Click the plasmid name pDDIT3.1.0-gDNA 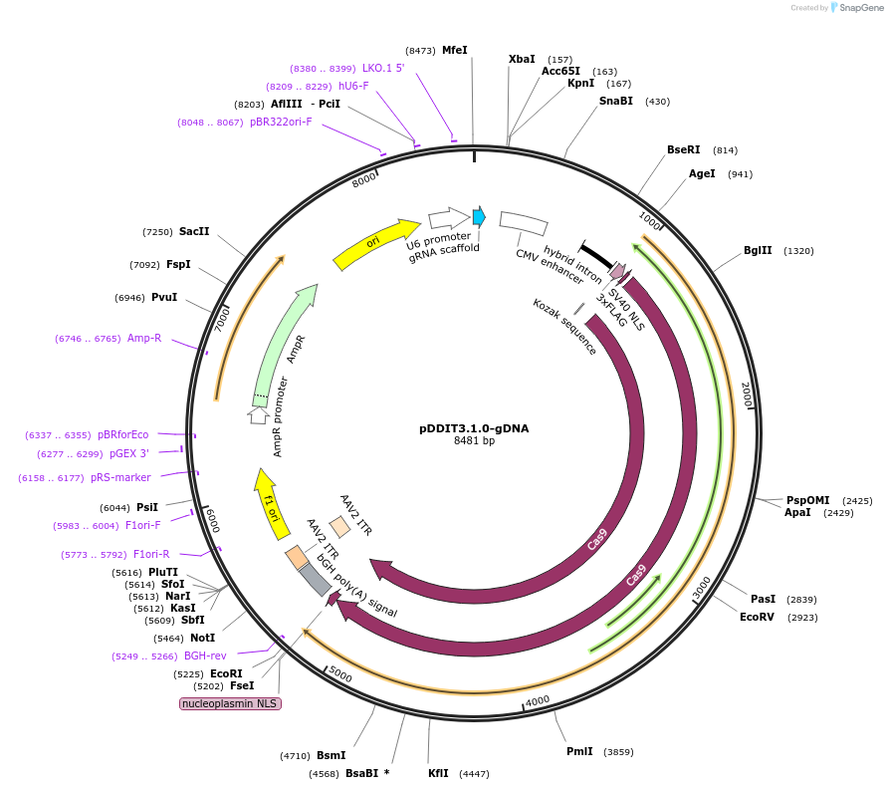(474, 428)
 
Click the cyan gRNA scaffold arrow (479, 216)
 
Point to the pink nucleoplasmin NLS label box (230, 703)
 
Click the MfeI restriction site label (454, 50)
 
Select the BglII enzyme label (758, 250)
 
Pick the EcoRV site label (757, 617)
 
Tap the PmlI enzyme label (579, 751)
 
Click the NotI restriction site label (202, 638)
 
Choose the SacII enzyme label (194, 231)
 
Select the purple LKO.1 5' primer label (383, 68)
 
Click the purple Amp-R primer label (144, 339)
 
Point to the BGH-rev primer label (205, 656)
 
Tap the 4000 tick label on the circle (538, 700)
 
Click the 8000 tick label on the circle (364, 179)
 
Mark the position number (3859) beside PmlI (618, 752)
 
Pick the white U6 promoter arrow (449, 218)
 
